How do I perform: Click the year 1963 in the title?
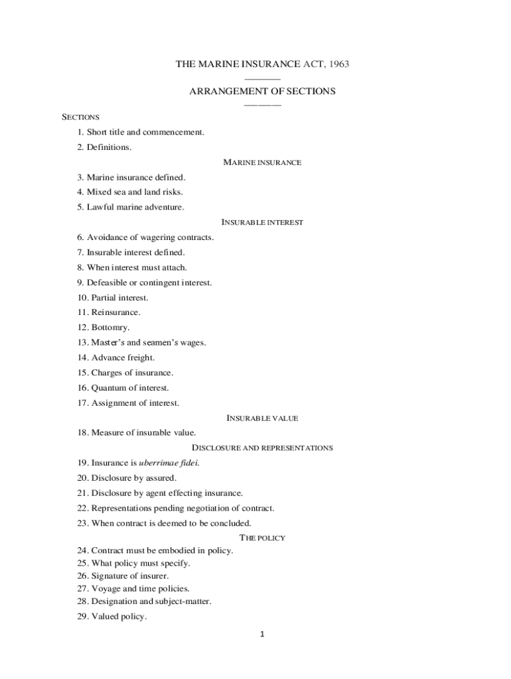pyautogui.click(x=337, y=64)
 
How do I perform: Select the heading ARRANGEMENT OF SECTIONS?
pyautogui.click(x=262, y=92)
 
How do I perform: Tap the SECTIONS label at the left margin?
pyautogui.click(x=80, y=117)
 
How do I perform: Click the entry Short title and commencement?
pyautogui.click(x=141, y=132)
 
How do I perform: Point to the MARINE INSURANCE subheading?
pyautogui.click(x=262, y=162)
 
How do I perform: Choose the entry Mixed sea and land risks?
pyautogui.click(x=129, y=192)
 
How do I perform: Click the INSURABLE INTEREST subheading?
pyautogui.click(x=262, y=223)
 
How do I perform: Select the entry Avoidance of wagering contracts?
pyautogui.click(x=145, y=237)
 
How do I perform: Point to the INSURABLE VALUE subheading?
pyautogui.click(x=262, y=418)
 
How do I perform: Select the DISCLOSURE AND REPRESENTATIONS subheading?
pyautogui.click(x=262, y=448)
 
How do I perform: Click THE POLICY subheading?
pyautogui.click(x=262, y=538)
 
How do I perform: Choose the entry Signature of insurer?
pyautogui.click(x=123, y=576)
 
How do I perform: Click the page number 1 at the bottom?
pyautogui.click(x=262, y=635)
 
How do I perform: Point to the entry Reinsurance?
pyautogui.click(x=110, y=312)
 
